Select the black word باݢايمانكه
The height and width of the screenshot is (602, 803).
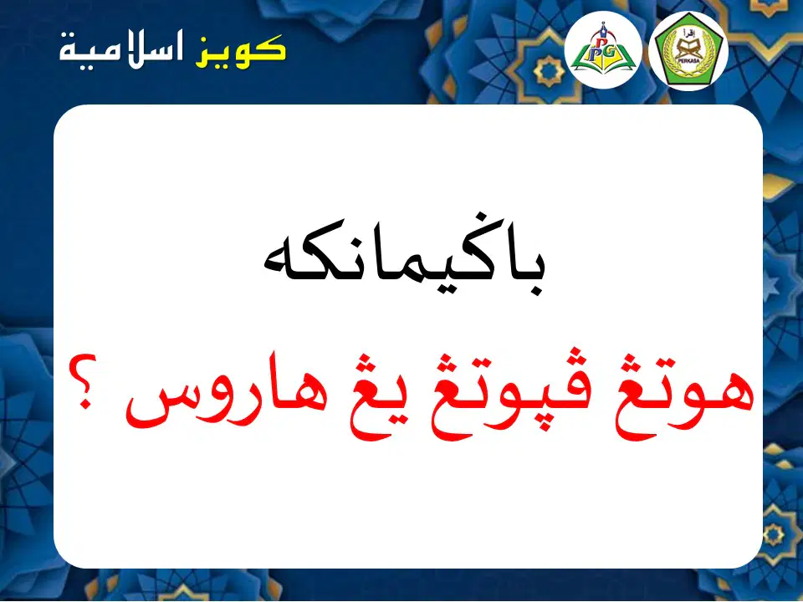click(x=404, y=256)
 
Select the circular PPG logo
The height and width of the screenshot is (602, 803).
click(x=603, y=49)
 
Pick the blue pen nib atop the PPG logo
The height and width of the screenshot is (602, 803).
click(x=604, y=28)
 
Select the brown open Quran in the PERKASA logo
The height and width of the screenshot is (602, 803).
click(x=688, y=49)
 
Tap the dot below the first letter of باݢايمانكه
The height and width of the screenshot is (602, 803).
click(x=536, y=291)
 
